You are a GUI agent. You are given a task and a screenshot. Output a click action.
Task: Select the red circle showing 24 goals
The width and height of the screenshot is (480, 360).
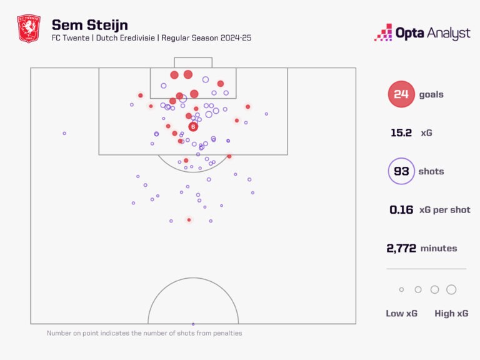click(401, 94)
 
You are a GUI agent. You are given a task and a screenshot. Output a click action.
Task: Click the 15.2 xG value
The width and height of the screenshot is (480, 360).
click(401, 133)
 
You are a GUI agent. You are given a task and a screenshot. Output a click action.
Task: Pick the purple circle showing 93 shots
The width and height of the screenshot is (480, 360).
click(401, 171)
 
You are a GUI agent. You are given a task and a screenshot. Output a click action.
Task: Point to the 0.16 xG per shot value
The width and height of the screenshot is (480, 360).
click(401, 210)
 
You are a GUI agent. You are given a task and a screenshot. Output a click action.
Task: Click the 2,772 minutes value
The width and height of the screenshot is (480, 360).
click(402, 248)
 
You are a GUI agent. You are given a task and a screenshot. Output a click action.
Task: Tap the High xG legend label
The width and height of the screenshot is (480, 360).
click(451, 313)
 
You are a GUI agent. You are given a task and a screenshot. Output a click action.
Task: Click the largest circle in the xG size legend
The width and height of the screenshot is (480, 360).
click(451, 289)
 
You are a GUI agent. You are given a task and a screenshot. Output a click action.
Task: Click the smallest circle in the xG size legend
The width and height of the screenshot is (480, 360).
click(401, 289)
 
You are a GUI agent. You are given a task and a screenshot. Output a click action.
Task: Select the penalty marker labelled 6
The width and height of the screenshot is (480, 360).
click(193, 127)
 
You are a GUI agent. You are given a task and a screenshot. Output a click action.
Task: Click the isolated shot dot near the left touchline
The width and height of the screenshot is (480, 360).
click(64, 133)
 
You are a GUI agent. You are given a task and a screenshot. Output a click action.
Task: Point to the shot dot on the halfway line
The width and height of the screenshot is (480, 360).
click(193, 324)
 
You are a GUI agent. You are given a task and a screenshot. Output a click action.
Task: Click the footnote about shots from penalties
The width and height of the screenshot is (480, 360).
click(144, 333)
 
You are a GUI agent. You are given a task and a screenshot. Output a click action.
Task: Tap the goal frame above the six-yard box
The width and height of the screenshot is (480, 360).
click(193, 62)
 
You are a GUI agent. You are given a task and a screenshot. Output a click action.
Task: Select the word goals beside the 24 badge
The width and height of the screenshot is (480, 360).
click(431, 94)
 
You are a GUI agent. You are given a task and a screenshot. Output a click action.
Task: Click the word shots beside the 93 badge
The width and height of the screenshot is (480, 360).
click(431, 171)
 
